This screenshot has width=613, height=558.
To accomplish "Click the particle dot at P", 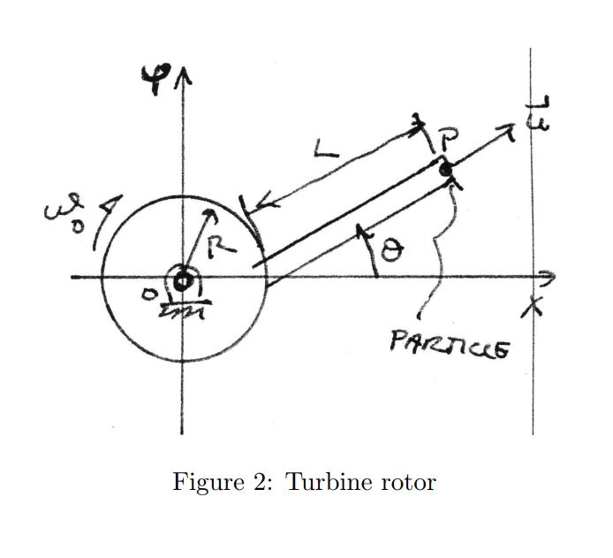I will pyautogui.click(x=446, y=168).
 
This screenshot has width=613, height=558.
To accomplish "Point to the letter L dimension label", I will pyautogui.click(x=325, y=152).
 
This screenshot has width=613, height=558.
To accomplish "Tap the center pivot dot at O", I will pyautogui.click(x=183, y=282).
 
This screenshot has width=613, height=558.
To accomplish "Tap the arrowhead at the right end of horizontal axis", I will pyautogui.click(x=550, y=276).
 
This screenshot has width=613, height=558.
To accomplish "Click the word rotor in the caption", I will pyautogui.click(x=407, y=483).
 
